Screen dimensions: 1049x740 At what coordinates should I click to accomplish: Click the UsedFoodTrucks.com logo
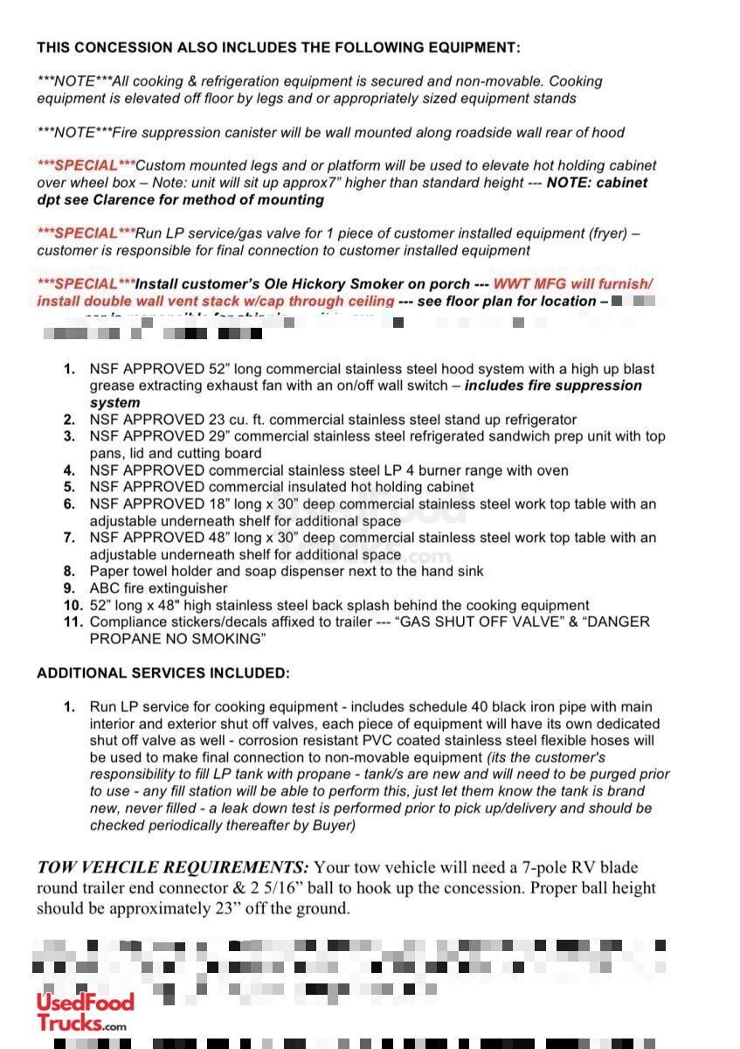[x=85, y=1013]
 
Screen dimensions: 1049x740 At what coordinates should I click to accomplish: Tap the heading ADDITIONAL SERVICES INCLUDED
[x=163, y=673]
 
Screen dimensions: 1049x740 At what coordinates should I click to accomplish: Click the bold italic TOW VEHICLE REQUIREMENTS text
[x=172, y=867]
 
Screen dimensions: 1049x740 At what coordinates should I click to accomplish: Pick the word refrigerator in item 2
[x=535, y=420]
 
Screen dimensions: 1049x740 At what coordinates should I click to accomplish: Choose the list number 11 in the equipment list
[x=72, y=622]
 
